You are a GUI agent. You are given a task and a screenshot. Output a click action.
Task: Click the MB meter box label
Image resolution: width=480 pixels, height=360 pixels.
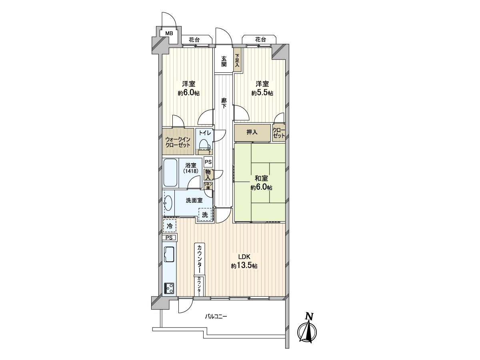click(169, 33)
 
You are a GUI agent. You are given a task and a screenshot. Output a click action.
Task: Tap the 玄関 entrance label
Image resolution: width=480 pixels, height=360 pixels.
click(224, 61)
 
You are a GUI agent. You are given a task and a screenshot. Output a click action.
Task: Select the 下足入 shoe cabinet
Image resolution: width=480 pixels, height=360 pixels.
click(237, 60)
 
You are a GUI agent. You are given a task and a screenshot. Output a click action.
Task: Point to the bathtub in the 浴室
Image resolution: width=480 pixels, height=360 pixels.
click(170, 172)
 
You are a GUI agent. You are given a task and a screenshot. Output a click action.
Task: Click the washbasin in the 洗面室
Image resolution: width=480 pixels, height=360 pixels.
click(169, 203)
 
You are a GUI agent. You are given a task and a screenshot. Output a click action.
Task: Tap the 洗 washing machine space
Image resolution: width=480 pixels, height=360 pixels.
click(205, 215)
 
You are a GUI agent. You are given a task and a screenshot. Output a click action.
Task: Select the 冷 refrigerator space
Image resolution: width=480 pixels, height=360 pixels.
click(170, 226)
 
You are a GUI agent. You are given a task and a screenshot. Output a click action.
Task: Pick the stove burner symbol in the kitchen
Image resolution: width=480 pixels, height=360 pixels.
click(169, 288)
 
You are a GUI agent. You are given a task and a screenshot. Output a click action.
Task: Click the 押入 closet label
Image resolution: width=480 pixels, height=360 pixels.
click(252, 132)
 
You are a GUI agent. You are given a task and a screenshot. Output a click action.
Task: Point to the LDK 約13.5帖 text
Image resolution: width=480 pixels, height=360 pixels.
click(244, 261)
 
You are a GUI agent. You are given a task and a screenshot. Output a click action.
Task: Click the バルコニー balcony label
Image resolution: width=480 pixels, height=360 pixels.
click(216, 317)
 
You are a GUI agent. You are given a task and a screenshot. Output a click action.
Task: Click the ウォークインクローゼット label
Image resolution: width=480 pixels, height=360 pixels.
click(178, 142)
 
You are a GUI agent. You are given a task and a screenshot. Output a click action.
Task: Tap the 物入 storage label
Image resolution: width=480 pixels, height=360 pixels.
click(208, 174)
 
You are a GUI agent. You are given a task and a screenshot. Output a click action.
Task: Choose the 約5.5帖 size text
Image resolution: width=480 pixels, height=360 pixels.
click(262, 93)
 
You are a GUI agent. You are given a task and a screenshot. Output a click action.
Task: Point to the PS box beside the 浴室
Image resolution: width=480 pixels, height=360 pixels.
click(208, 162)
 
